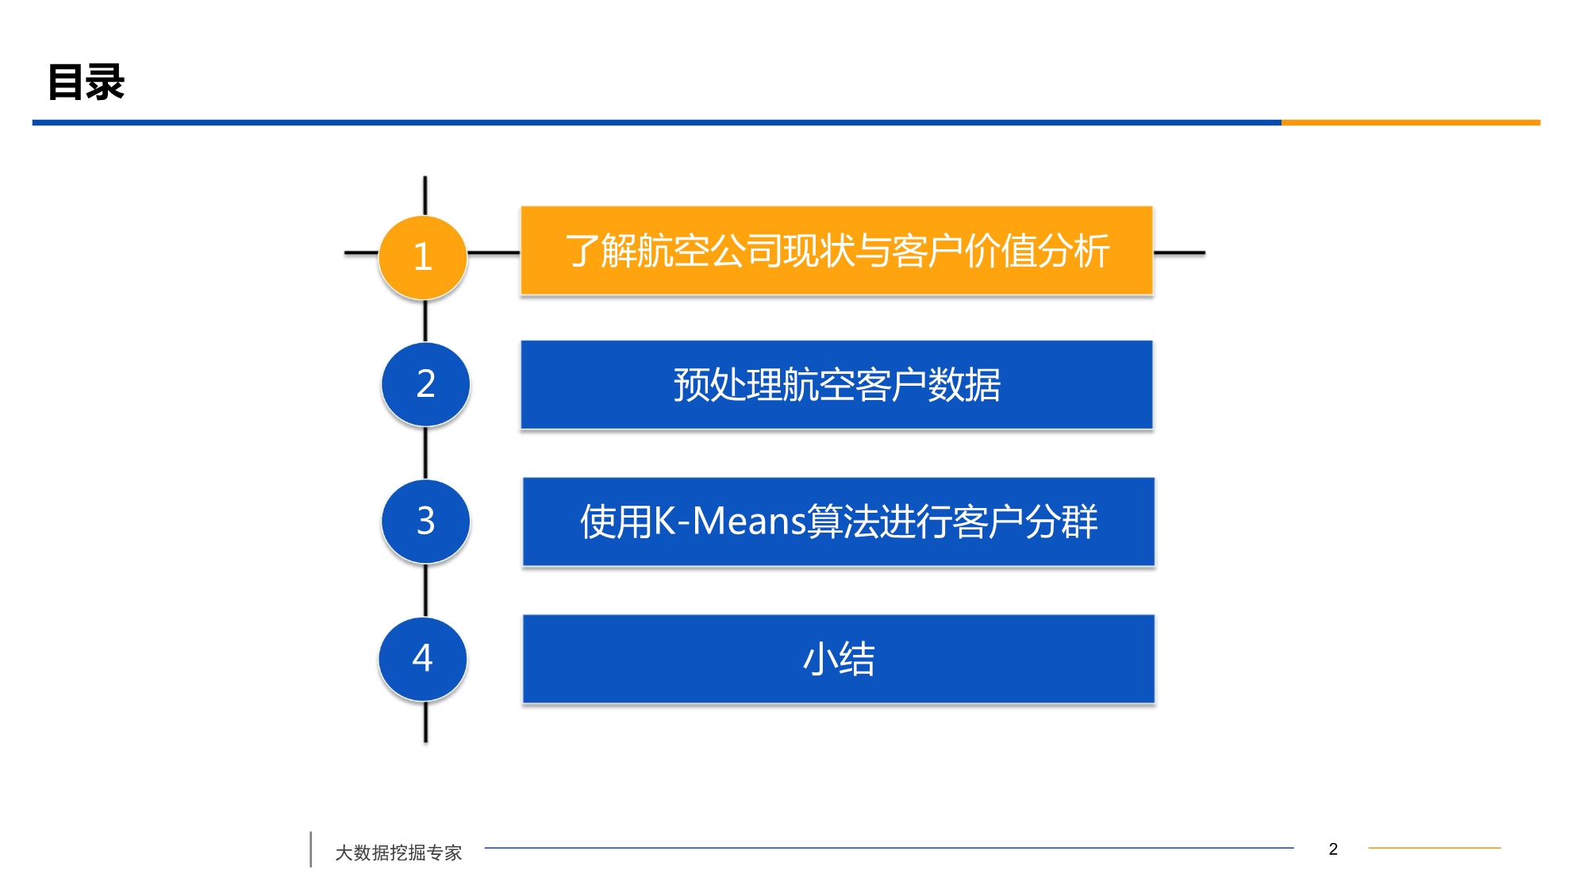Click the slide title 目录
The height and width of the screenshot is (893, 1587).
[86, 82]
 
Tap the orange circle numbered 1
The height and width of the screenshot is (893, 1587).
[423, 257]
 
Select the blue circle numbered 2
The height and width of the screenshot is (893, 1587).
[426, 384]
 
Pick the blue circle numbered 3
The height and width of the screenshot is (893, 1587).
[426, 521]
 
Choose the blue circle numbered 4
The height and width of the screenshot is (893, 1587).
[423, 658]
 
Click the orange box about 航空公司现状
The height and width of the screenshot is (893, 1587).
[836, 251]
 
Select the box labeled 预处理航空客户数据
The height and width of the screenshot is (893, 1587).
[836, 385]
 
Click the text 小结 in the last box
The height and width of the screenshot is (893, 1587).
[839, 659]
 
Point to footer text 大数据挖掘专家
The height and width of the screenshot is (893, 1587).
[398, 853]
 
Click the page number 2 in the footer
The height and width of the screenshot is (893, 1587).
[1333, 849]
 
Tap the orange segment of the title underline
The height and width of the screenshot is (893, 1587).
[1411, 122]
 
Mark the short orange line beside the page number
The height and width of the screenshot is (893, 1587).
[1435, 848]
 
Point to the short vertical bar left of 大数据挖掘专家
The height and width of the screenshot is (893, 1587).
[310, 849]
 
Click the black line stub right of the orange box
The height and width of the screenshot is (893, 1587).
[1179, 253]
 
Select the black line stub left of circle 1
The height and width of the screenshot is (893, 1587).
[362, 253]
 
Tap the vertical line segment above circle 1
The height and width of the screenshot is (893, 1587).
[425, 196]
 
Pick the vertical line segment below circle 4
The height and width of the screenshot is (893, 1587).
[426, 722]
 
